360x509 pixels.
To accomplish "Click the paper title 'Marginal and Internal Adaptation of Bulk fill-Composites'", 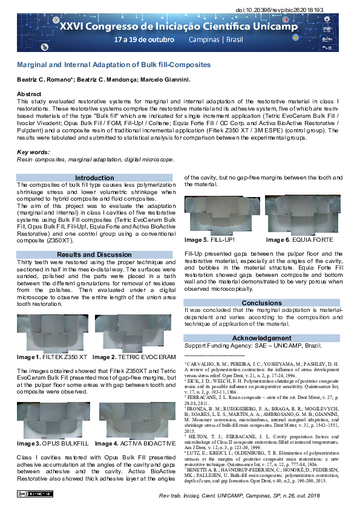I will click(113, 64).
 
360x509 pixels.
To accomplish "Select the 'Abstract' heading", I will click(29, 94).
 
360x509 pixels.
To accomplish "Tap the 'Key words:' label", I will click(33, 152).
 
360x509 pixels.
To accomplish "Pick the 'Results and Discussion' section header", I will click(94, 254).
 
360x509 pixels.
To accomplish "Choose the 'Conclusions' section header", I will click(262, 303).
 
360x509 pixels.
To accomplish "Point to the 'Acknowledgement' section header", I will click(262, 338).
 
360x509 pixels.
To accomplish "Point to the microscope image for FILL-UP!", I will click(223, 215).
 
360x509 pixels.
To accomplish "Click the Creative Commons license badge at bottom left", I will click(30, 494).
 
